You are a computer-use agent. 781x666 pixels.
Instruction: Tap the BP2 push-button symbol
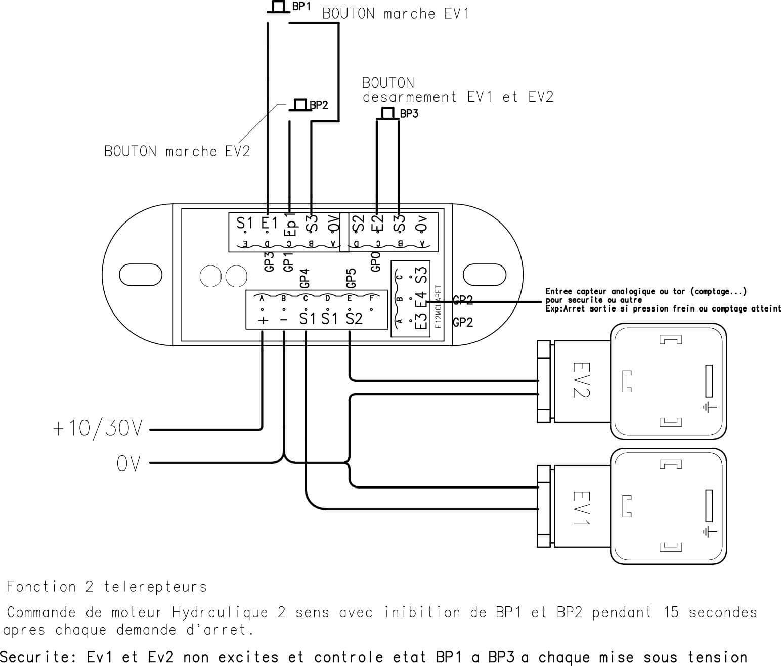[300, 105]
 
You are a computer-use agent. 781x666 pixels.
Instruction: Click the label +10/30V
[98, 429]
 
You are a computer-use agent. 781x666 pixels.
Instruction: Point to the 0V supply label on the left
[128, 463]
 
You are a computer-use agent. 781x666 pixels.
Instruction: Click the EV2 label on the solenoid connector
[580, 380]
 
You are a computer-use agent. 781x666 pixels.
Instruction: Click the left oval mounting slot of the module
[141, 275]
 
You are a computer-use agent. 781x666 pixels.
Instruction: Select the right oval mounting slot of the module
[485, 275]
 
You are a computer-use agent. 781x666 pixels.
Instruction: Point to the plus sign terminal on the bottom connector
[263, 320]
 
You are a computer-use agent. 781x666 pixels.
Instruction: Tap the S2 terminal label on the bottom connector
[354, 319]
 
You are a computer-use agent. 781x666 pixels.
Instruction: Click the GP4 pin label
[305, 278]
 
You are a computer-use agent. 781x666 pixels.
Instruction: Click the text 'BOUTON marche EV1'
[396, 14]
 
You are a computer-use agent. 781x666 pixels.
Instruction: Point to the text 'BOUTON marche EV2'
[177, 151]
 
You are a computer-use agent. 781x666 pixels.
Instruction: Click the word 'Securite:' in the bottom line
[38, 657]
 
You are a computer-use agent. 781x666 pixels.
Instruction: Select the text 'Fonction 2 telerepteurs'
[107, 587]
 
